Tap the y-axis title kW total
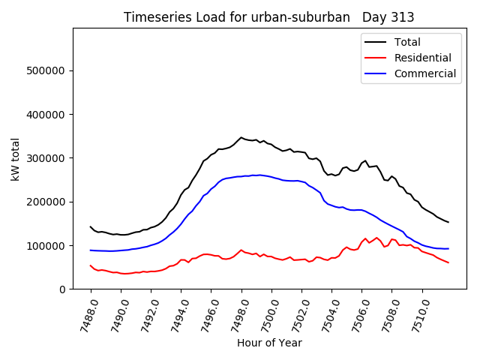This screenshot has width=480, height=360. point(16,159)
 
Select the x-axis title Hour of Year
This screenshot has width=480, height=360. point(269,343)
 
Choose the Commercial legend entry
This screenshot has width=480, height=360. point(424,73)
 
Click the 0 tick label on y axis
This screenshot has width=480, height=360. point(62,289)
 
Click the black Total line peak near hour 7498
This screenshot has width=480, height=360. point(241,137)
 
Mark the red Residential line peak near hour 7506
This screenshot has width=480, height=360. point(365,238)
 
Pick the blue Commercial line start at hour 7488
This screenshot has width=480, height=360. point(91,250)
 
